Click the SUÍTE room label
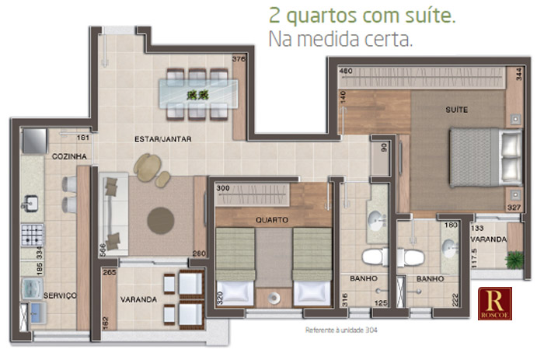[x=457, y=110]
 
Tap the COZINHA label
[x=68, y=156]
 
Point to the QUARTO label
[x=272, y=219]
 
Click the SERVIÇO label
[x=59, y=295]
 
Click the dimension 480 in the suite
[x=346, y=72]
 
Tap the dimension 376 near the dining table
[x=239, y=59]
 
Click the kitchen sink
[x=31, y=204]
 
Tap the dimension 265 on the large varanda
[x=108, y=274]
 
